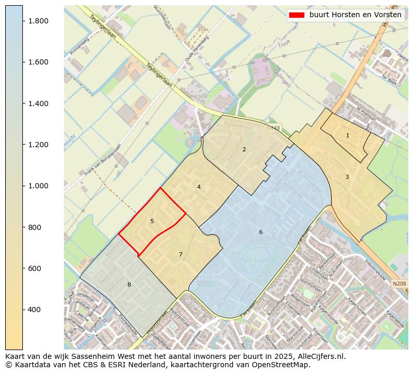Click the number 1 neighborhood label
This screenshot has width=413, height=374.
coord(347,136)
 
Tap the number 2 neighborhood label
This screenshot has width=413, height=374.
coord(244,150)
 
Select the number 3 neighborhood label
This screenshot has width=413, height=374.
coord(347,177)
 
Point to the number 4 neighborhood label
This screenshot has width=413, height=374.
coord(199,187)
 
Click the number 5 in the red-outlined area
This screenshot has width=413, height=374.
coord(152,222)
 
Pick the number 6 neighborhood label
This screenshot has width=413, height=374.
coord(261,232)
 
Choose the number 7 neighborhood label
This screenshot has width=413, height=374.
coord(180,255)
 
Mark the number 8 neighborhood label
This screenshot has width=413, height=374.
coord(129,285)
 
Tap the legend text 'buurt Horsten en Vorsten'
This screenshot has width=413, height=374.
coord(355,15)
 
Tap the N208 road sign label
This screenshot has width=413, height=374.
coord(399,283)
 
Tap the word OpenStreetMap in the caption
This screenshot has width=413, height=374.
coord(284,365)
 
